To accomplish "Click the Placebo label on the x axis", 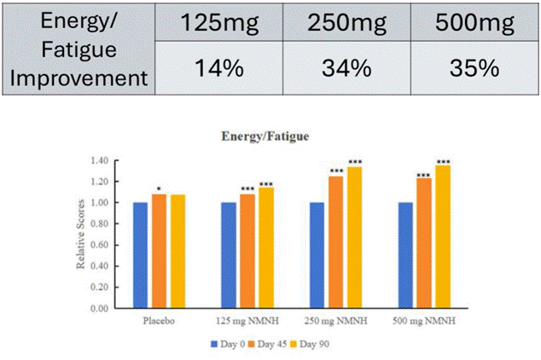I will (160, 322).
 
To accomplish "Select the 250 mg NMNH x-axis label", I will (337, 322).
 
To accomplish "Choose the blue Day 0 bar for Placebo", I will (140, 256).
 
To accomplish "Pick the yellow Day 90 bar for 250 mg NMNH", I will (354, 238).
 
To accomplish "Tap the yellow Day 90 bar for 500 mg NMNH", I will (443, 237).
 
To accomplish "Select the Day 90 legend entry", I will (317, 345).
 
